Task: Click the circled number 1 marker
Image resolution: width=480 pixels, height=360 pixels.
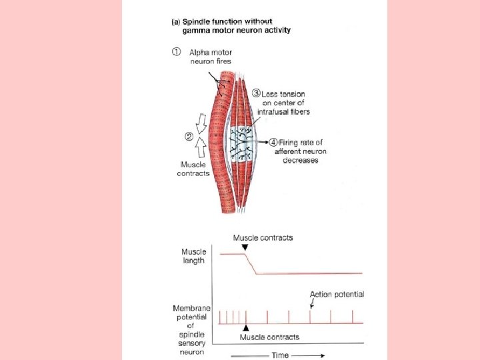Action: (x=177, y=52)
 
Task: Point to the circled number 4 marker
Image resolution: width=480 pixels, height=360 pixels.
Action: (x=275, y=142)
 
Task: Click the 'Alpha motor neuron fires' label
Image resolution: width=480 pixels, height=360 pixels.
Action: (x=210, y=57)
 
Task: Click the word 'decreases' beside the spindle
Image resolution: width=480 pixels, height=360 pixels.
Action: (x=299, y=161)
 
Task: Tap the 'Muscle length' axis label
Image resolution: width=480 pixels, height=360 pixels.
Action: (x=194, y=256)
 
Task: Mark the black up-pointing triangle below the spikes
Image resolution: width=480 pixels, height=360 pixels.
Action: (x=246, y=328)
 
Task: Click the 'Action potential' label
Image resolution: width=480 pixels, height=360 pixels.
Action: (x=337, y=294)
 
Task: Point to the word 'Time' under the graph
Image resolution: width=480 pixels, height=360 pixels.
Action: (x=281, y=355)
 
